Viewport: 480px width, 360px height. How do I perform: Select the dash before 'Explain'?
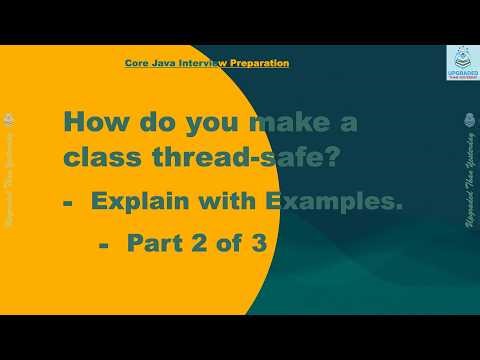click(69, 203)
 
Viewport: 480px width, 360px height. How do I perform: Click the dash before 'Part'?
click(104, 242)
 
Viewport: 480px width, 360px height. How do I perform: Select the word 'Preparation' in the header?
click(259, 63)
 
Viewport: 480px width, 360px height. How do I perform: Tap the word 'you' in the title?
click(197, 123)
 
